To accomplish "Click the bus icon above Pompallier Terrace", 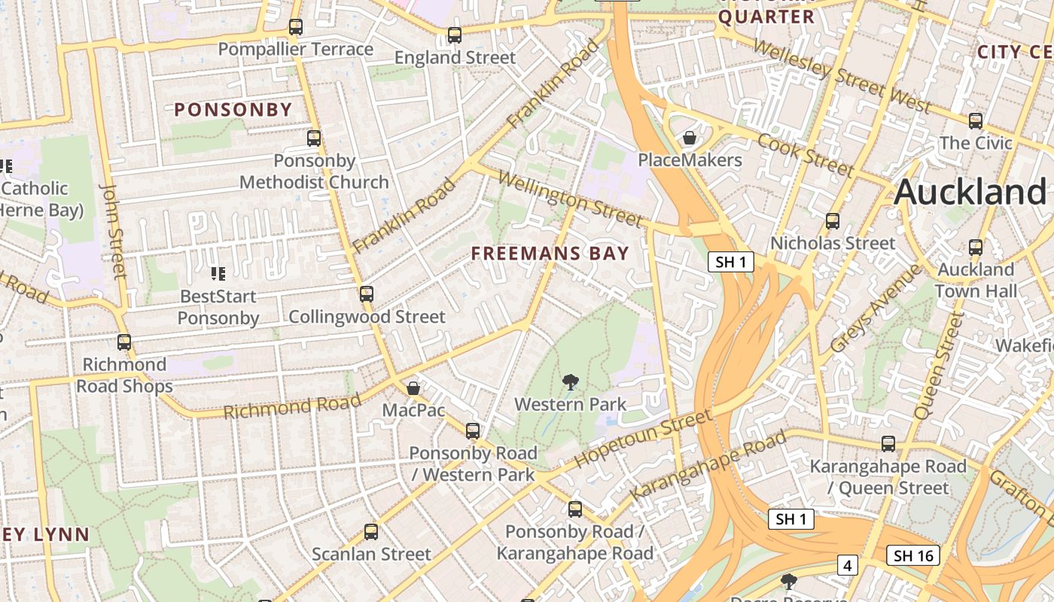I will tap(296, 27).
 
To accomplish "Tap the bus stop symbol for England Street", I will tap(454, 35).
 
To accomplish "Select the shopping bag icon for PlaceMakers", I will tap(689, 138).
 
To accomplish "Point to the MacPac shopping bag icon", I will tap(413, 388).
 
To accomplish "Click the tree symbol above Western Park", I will tap(571, 382).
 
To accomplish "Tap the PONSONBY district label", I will tap(233, 110).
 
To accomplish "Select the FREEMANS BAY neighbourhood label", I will tap(550, 254).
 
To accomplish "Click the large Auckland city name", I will tap(970, 192).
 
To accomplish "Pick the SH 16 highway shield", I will tap(913, 556).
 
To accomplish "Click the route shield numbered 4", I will tap(848, 564).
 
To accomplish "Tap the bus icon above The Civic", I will tap(976, 120).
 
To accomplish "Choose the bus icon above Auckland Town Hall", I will tap(976, 247).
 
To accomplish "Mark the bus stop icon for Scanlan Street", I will tap(371, 532).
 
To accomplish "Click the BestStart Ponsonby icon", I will tap(218, 274).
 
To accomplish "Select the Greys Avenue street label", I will tap(876, 309).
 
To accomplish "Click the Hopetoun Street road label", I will tap(643, 439).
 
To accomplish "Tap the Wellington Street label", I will tap(570, 199).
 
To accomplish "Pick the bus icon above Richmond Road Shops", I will tap(124, 342).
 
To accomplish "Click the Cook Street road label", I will tap(805, 154).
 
